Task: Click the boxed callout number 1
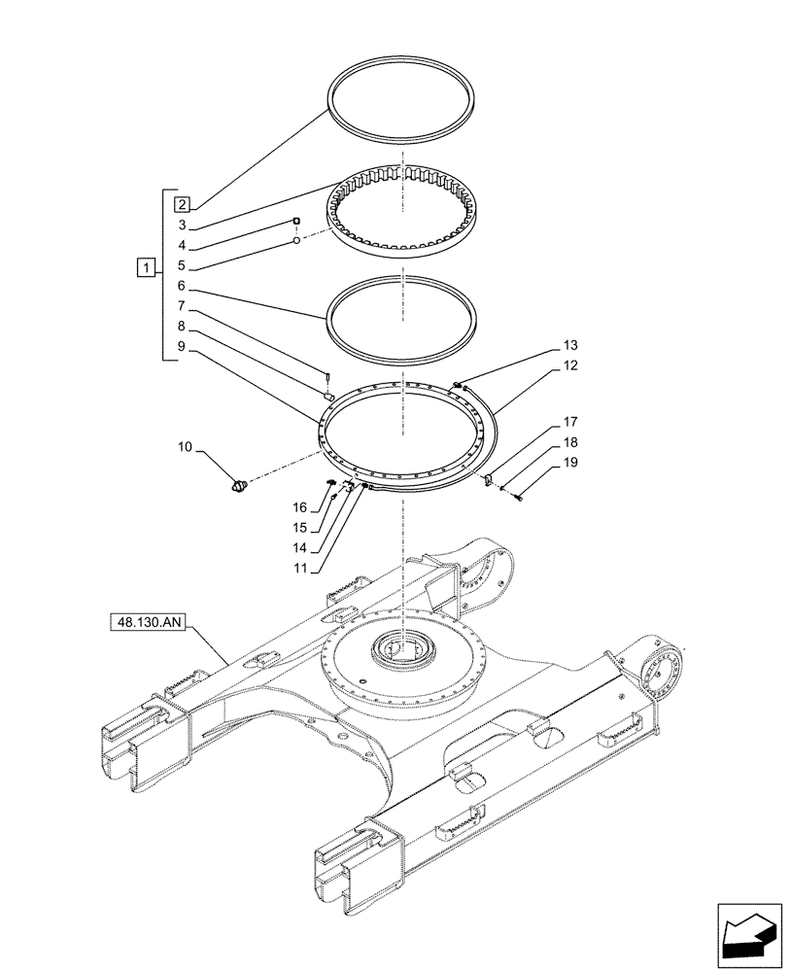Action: coord(145,266)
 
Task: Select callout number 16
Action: coord(300,507)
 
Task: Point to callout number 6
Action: coord(182,287)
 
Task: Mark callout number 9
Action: coord(182,346)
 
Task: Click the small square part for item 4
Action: coord(297,222)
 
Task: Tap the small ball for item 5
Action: coord(296,239)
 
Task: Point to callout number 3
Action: coord(182,225)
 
